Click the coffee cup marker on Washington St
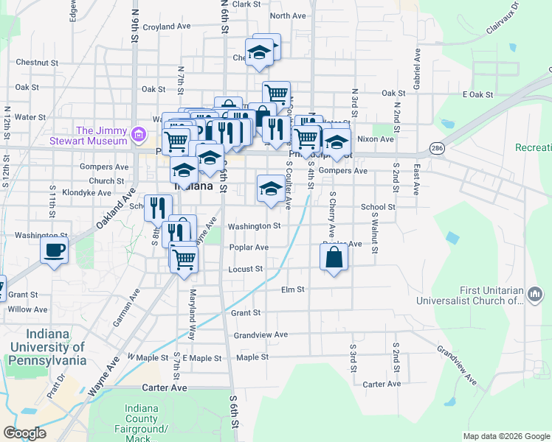tap(55, 251)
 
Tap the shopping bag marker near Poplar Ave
tap(334, 258)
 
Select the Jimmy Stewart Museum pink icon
tap(138, 134)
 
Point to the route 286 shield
tap(437, 148)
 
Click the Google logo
tap(24, 433)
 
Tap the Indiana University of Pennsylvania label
tap(47, 346)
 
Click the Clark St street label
tap(246, 4)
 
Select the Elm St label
tap(293, 290)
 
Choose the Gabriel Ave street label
tap(418, 70)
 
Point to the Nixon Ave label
tap(376, 138)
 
